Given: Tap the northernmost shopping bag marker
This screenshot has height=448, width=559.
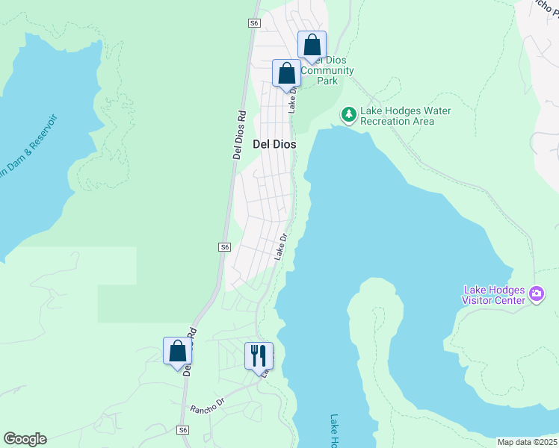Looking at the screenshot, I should (312, 46).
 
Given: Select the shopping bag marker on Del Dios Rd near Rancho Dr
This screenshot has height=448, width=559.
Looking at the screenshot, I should (177, 351).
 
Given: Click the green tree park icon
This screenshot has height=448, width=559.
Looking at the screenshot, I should (348, 115).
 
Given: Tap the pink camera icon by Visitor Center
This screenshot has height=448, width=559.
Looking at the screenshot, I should (536, 294).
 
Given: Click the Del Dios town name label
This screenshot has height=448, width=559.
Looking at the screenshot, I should (274, 144).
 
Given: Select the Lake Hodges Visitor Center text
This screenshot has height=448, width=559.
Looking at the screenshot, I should (494, 295).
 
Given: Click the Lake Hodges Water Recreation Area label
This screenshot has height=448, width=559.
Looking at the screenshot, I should (405, 116).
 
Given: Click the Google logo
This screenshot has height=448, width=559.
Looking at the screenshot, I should (25, 439).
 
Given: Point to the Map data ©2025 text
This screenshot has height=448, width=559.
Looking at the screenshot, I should (528, 442).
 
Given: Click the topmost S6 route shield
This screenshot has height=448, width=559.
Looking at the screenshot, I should (254, 24).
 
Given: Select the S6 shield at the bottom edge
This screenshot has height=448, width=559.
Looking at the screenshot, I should (183, 430).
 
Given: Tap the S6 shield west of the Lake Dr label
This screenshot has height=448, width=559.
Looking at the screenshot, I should (225, 247).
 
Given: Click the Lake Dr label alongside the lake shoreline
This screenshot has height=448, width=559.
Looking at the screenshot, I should (281, 248).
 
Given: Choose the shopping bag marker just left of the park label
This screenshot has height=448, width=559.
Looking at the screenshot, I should (285, 74).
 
